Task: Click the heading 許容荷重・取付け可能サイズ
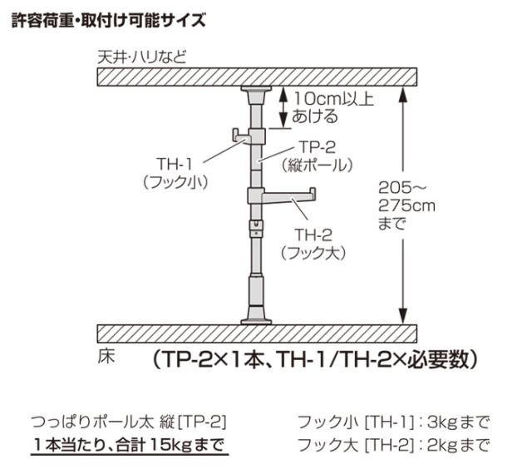click(x=109, y=20)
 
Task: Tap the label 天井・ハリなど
click(x=142, y=57)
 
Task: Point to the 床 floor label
click(x=106, y=357)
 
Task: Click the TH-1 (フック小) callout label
click(x=175, y=173)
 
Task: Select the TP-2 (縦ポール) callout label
click(x=317, y=156)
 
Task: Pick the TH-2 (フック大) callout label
click(x=313, y=244)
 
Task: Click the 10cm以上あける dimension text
click(x=332, y=107)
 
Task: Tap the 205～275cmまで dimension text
click(x=406, y=205)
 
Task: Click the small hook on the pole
click(x=242, y=136)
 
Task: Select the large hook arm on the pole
click(x=288, y=195)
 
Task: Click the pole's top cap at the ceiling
click(x=256, y=95)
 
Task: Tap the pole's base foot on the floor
click(x=256, y=315)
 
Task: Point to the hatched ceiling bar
click(x=257, y=77)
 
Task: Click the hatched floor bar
click(x=257, y=333)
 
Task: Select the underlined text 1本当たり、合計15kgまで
click(x=130, y=445)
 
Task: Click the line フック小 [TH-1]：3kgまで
click(x=393, y=422)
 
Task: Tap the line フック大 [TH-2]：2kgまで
click(x=393, y=445)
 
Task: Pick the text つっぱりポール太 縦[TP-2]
click(x=129, y=422)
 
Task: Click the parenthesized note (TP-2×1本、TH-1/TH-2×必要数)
click(x=316, y=359)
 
